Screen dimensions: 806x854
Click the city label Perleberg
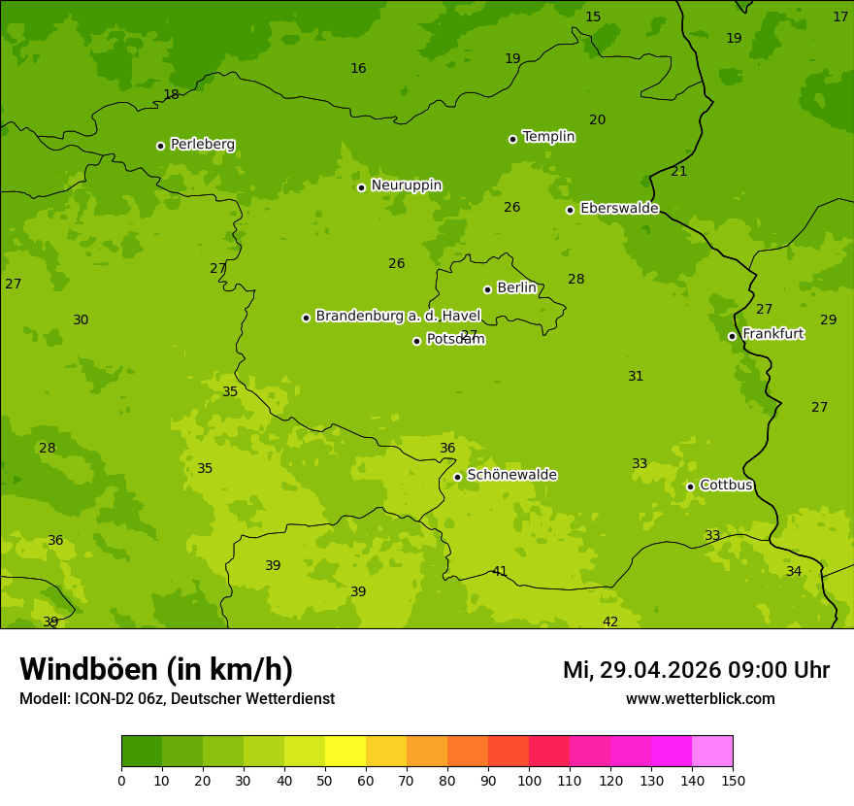coord(202,145)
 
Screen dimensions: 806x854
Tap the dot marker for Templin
coord(512,139)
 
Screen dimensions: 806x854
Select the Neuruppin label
coord(406,185)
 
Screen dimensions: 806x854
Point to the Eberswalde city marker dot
coord(570,210)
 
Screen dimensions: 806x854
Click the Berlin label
coord(516,288)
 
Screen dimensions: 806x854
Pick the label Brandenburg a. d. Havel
coord(398,317)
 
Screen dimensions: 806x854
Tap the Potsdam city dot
coord(416,341)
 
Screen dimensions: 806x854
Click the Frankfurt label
coord(772,334)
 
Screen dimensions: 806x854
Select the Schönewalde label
coord(511,475)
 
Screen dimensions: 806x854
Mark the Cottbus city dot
coord(690,487)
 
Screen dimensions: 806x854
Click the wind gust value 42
coord(610,621)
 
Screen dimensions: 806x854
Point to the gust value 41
coord(500,571)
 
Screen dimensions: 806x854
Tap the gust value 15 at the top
coord(593,17)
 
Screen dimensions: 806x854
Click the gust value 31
coord(636,376)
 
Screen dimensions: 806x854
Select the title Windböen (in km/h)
coord(156,669)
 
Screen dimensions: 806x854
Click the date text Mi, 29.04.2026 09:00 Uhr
coord(696,670)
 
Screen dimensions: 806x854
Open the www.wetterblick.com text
coord(700,699)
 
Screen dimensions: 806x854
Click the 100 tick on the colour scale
coord(529,780)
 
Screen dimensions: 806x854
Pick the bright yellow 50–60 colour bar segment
coord(345,752)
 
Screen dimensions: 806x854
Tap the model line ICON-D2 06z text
coord(177,699)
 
